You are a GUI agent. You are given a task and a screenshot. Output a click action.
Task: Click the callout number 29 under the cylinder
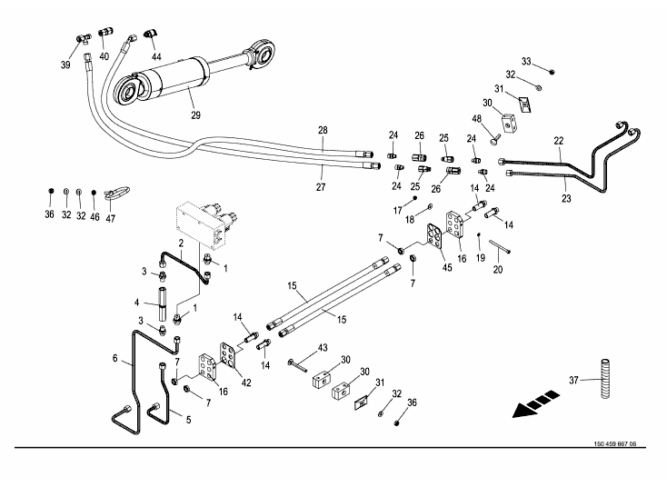point(194,115)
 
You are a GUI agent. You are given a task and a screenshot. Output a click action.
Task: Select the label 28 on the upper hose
point(322,131)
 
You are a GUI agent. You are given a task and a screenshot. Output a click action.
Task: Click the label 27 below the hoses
point(320,186)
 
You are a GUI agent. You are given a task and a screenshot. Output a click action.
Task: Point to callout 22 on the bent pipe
point(558,140)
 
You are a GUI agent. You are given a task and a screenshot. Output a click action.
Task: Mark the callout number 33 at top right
point(525,61)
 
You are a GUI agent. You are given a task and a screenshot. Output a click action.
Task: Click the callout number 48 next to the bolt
point(476,119)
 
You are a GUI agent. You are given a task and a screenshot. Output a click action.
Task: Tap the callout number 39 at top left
point(65,65)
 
